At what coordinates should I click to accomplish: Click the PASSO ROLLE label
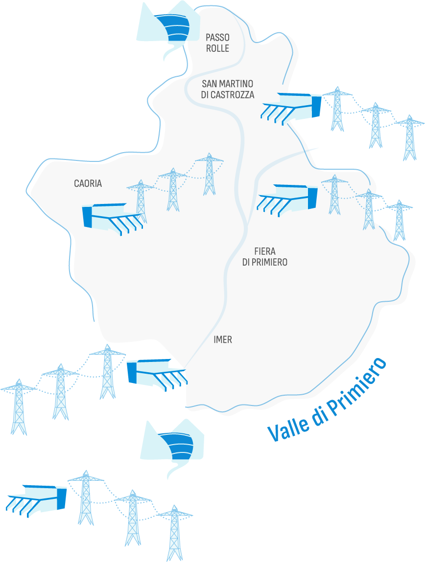pos(217,43)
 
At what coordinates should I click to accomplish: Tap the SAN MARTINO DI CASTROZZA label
pos(228,90)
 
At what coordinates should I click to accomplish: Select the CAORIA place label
pos(88,183)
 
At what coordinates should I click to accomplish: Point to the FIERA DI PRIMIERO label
pos(265,257)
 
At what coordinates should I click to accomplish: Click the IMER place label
pos(223,339)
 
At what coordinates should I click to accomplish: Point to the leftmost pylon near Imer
pos(19,406)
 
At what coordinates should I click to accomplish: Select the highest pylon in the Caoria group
pos(210,174)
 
